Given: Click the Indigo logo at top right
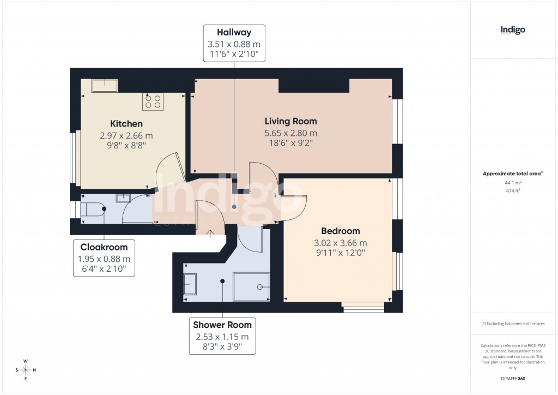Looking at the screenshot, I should point(513,31).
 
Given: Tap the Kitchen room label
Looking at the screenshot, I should point(126,124).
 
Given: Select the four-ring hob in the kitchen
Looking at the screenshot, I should point(153,101).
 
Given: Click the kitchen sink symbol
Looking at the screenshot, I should point(104,86).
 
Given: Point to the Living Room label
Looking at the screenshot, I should point(290,121).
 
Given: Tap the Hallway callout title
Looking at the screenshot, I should point(234,33).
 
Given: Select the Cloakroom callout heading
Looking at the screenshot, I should point(104,247).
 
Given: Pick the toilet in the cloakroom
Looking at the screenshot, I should point(94,209).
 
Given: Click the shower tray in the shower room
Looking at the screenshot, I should point(251,286).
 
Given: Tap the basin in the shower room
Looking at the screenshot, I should point(191,285).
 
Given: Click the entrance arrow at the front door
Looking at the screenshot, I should point(211,231).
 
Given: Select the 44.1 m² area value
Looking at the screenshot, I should point(512,183).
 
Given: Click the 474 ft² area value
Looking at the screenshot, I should point(512,191).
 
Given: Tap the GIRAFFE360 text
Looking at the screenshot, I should point(512,379).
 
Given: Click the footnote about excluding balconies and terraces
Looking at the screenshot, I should point(512,324).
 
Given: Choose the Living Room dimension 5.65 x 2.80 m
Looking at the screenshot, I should point(290,133).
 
